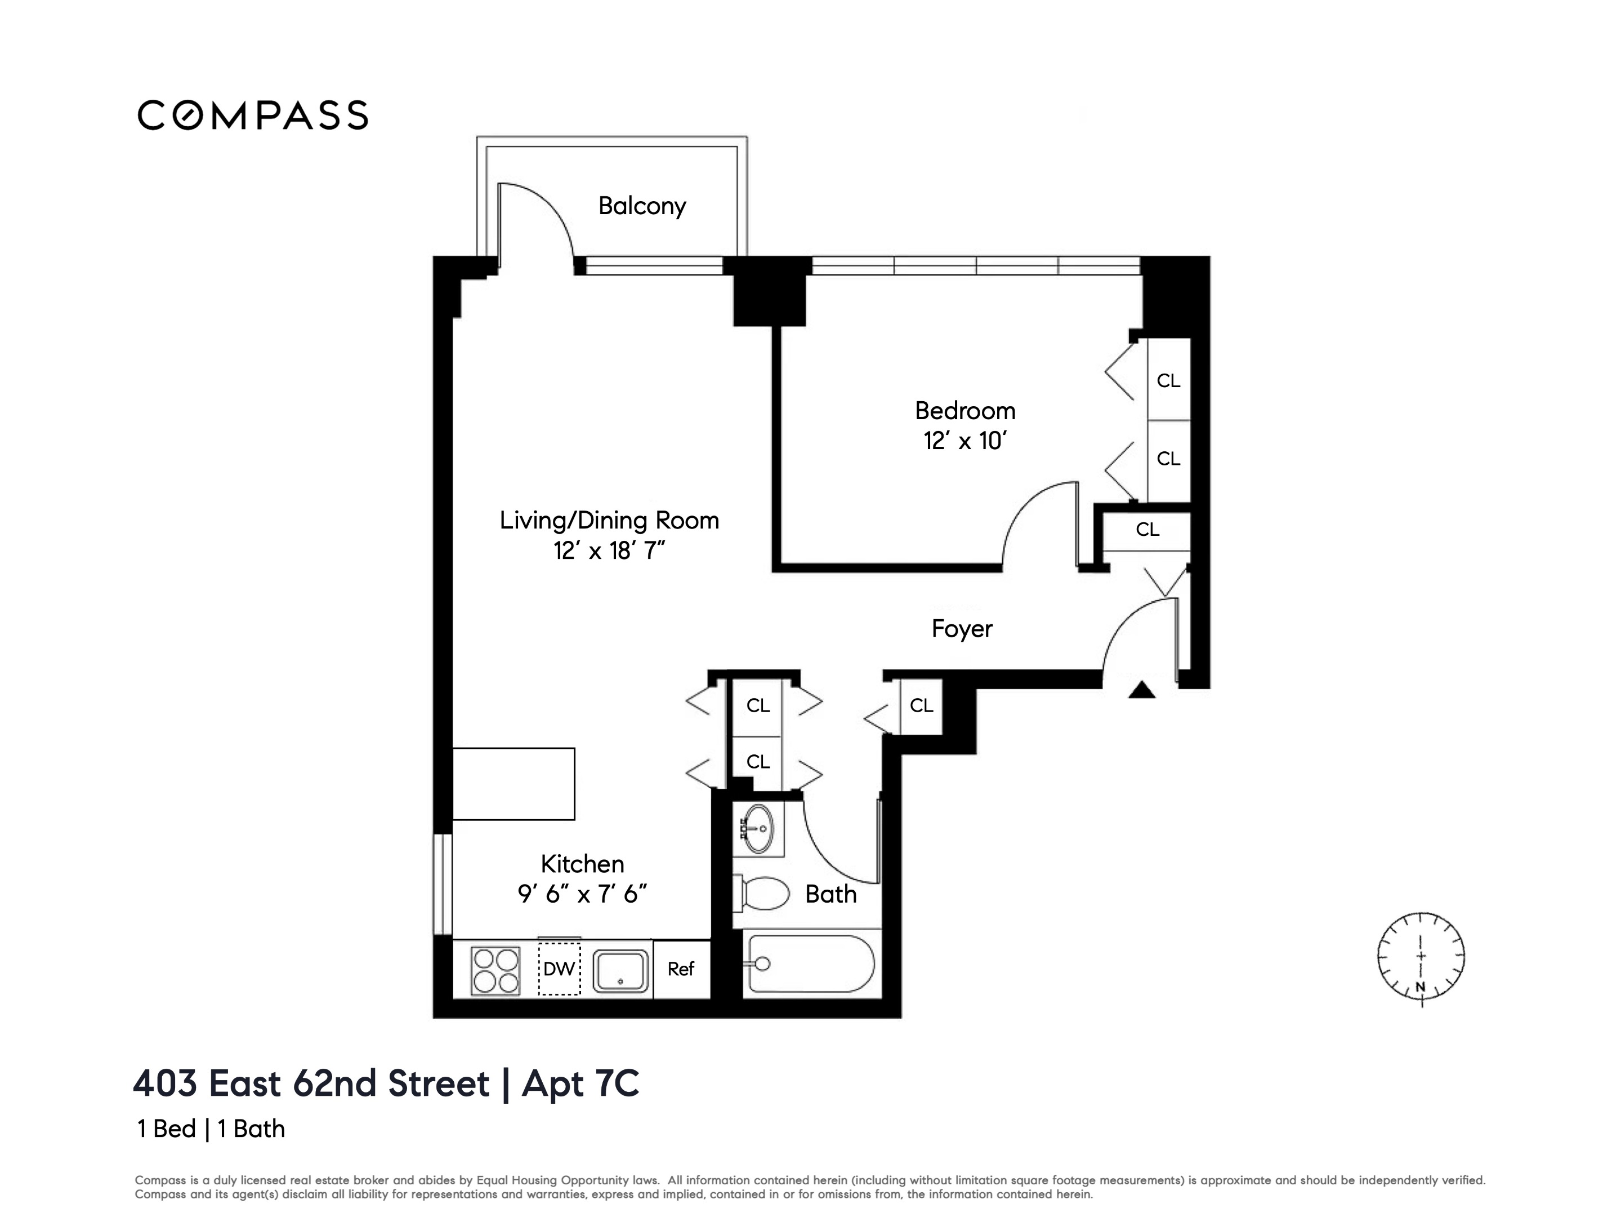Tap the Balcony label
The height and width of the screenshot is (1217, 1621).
[x=642, y=206]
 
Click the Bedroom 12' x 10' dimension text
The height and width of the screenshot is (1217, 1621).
[x=965, y=441]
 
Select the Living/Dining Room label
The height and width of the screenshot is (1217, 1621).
[x=609, y=521]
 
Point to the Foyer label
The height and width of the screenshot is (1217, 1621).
[x=962, y=629]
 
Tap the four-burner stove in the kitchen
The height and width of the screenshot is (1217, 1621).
[x=495, y=971]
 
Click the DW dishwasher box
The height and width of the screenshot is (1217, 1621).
[x=559, y=969]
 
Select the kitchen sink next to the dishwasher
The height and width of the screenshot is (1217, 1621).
[x=620, y=971]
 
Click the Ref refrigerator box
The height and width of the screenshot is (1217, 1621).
[x=681, y=969]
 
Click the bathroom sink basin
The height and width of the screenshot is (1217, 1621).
[x=758, y=829]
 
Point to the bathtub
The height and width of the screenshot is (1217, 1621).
[x=810, y=963]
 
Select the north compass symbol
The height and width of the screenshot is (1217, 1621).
[x=1420, y=957]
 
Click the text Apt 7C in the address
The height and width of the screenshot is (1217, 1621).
[x=580, y=1083]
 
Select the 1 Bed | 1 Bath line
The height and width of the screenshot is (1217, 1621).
[x=211, y=1129]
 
